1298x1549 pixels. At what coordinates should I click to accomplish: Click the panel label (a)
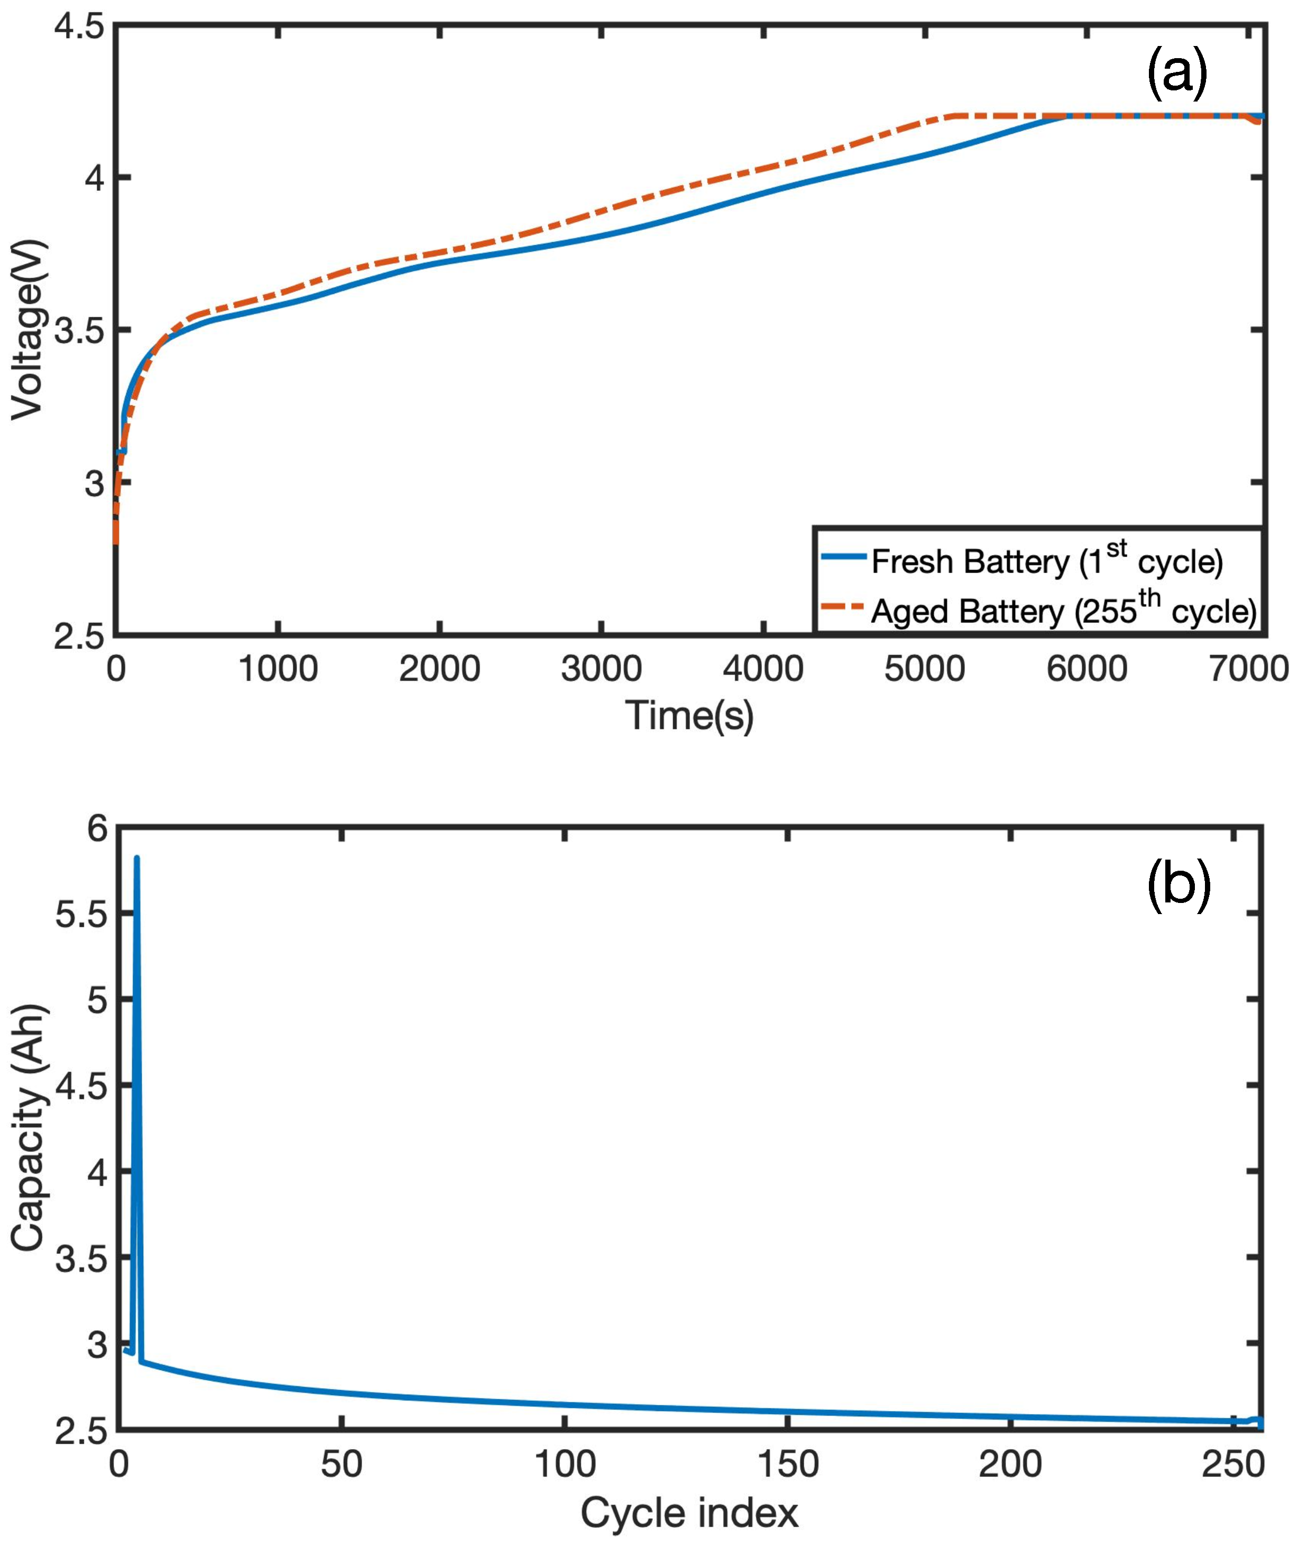1177,74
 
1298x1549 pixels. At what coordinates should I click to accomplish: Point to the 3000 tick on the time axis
601,669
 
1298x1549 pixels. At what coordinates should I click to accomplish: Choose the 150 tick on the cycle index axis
788,1465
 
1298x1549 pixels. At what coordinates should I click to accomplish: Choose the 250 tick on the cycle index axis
1233,1465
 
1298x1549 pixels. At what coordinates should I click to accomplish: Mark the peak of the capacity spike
136,859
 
